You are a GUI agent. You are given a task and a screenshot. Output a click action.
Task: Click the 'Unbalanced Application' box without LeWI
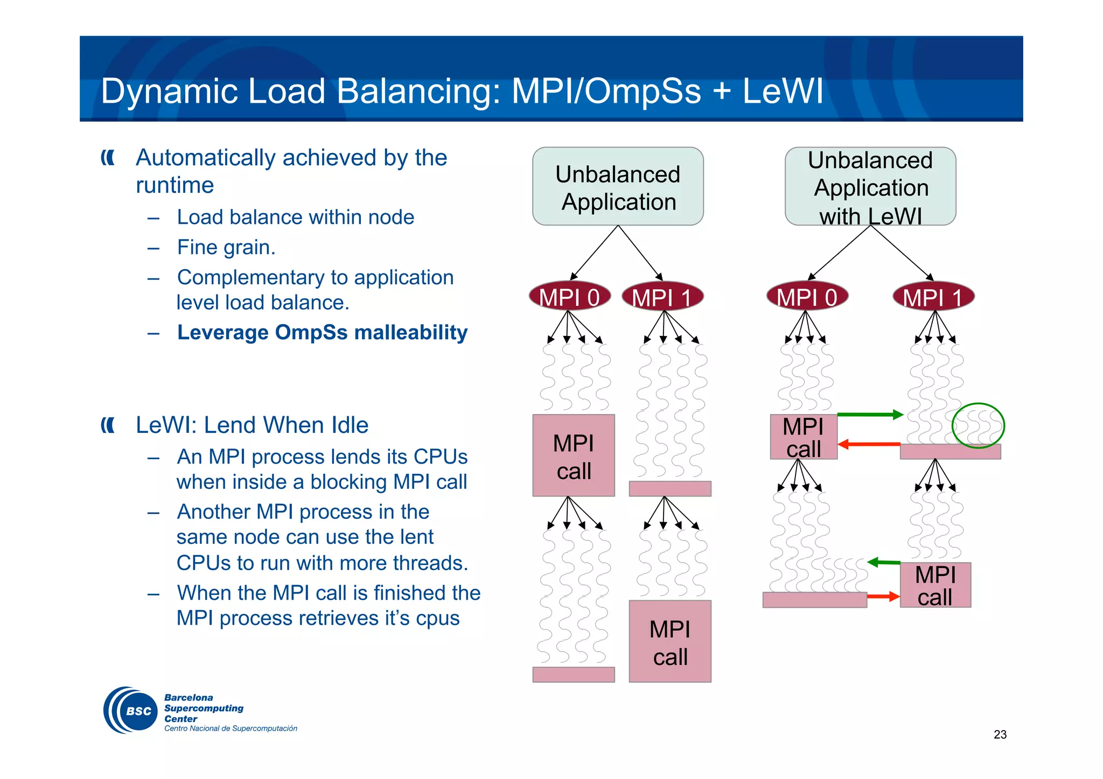point(618,186)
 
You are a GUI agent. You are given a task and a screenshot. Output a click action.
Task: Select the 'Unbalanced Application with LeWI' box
point(870,186)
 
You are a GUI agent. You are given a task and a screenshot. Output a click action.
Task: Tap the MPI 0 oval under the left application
point(569,297)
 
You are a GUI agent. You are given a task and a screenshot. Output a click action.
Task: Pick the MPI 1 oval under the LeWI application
point(933,297)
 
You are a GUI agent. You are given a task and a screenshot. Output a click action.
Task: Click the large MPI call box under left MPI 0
point(574,455)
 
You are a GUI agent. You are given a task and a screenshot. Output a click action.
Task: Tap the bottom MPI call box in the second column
point(670,641)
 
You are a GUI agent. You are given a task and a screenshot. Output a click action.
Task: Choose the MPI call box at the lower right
point(935,585)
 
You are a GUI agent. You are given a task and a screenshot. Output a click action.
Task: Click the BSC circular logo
point(131,710)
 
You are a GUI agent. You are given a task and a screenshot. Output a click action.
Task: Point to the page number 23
point(1000,734)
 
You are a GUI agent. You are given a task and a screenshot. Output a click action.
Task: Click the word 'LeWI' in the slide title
point(783,91)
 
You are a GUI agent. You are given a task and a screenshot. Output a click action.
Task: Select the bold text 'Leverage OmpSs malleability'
point(322,332)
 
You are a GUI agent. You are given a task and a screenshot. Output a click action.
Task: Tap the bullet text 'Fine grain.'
point(226,247)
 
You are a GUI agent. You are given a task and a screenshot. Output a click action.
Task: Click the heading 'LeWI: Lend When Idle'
point(252,425)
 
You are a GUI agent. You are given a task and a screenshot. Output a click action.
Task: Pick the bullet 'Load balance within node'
point(295,217)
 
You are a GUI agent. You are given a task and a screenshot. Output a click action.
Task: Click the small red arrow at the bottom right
point(883,596)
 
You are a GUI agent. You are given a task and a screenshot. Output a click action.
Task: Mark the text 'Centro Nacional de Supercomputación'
point(231,728)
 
